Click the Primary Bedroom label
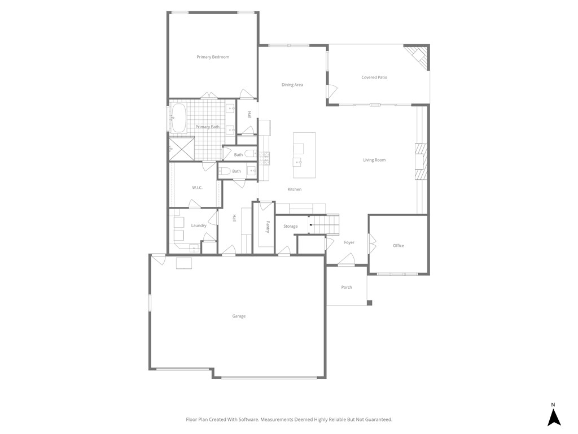(x=213, y=57)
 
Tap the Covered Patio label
(x=374, y=77)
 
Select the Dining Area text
(x=292, y=85)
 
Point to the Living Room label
(x=374, y=160)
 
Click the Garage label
(x=239, y=316)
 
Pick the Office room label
(x=399, y=246)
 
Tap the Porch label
(x=347, y=287)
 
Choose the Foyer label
(x=349, y=242)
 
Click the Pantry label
(x=268, y=227)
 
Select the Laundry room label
(x=199, y=225)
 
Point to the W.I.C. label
(x=197, y=188)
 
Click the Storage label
(x=290, y=226)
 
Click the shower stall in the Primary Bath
(x=181, y=149)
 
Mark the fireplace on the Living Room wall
(x=421, y=161)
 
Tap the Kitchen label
(x=295, y=189)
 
